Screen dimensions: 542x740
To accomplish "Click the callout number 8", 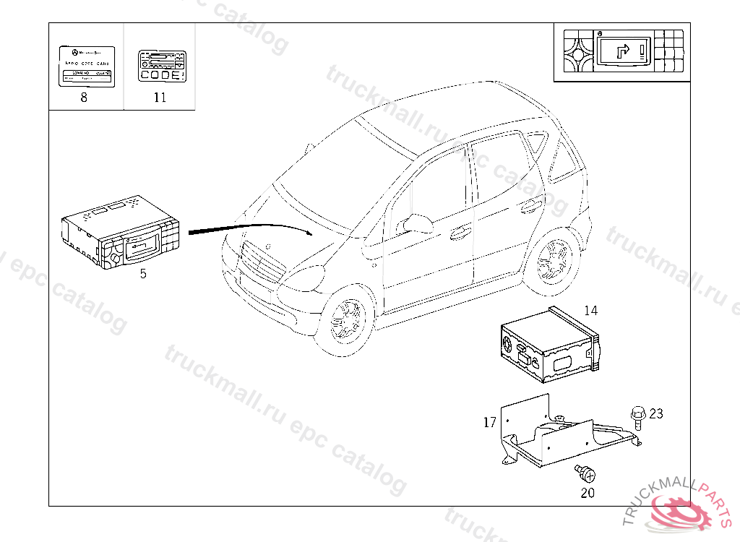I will (x=84, y=98).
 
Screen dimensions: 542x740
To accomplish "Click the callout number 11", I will (x=160, y=98).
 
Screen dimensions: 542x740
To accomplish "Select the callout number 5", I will (x=143, y=273).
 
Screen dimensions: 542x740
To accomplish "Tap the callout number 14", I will (x=591, y=311).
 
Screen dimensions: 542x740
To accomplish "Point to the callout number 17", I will (x=490, y=422).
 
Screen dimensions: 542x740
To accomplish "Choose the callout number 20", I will (x=588, y=493).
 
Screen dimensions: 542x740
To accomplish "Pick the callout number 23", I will (x=656, y=413).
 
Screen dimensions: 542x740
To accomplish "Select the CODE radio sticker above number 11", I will (x=160, y=66).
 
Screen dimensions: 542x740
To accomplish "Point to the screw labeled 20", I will (x=588, y=475).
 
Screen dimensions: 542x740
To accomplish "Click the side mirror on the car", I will (x=418, y=223).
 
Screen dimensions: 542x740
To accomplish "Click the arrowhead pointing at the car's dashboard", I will (x=309, y=233).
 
